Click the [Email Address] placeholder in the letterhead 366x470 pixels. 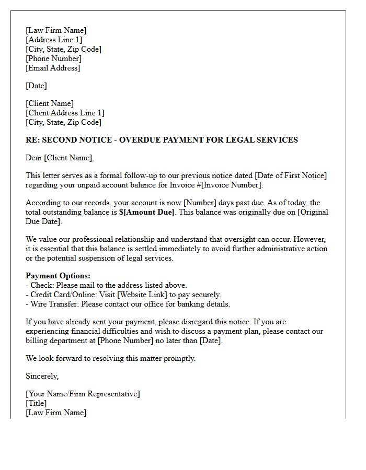53,68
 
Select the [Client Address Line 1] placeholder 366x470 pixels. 65,113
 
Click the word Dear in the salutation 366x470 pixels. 34,158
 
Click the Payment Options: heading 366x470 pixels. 58,276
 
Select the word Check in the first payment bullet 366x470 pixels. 41,285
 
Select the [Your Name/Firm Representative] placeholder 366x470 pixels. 83,394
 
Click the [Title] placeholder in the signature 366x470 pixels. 36,403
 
